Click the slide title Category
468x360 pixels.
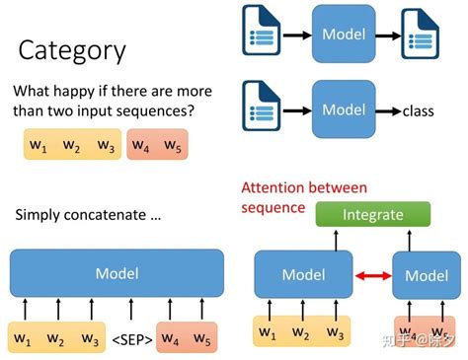pyautogui.click(x=72, y=50)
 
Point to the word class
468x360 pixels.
pyautogui.click(x=419, y=111)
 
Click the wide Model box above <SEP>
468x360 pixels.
pyautogui.click(x=117, y=272)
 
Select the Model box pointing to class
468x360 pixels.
pyautogui.click(x=344, y=110)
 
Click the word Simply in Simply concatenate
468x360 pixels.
pyautogui.click(x=37, y=214)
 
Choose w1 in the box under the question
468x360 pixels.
pyautogui.click(x=39, y=146)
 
